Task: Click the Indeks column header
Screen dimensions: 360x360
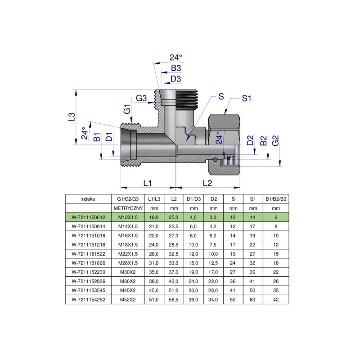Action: click(88, 198)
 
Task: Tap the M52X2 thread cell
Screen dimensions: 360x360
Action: click(127, 299)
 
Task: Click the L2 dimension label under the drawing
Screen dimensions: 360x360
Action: click(207, 183)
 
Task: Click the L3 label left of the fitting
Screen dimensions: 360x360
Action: click(71, 117)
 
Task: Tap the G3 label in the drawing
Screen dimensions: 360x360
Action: click(142, 98)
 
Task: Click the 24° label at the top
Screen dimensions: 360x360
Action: click(176, 58)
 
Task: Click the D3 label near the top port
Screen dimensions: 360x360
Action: click(176, 79)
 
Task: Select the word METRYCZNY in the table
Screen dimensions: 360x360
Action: click(127, 208)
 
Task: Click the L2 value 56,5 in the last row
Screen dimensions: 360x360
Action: click(174, 299)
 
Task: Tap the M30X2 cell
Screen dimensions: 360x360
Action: click(127, 272)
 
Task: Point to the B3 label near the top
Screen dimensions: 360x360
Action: click(176, 68)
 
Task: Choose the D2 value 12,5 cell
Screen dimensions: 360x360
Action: click(213, 263)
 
